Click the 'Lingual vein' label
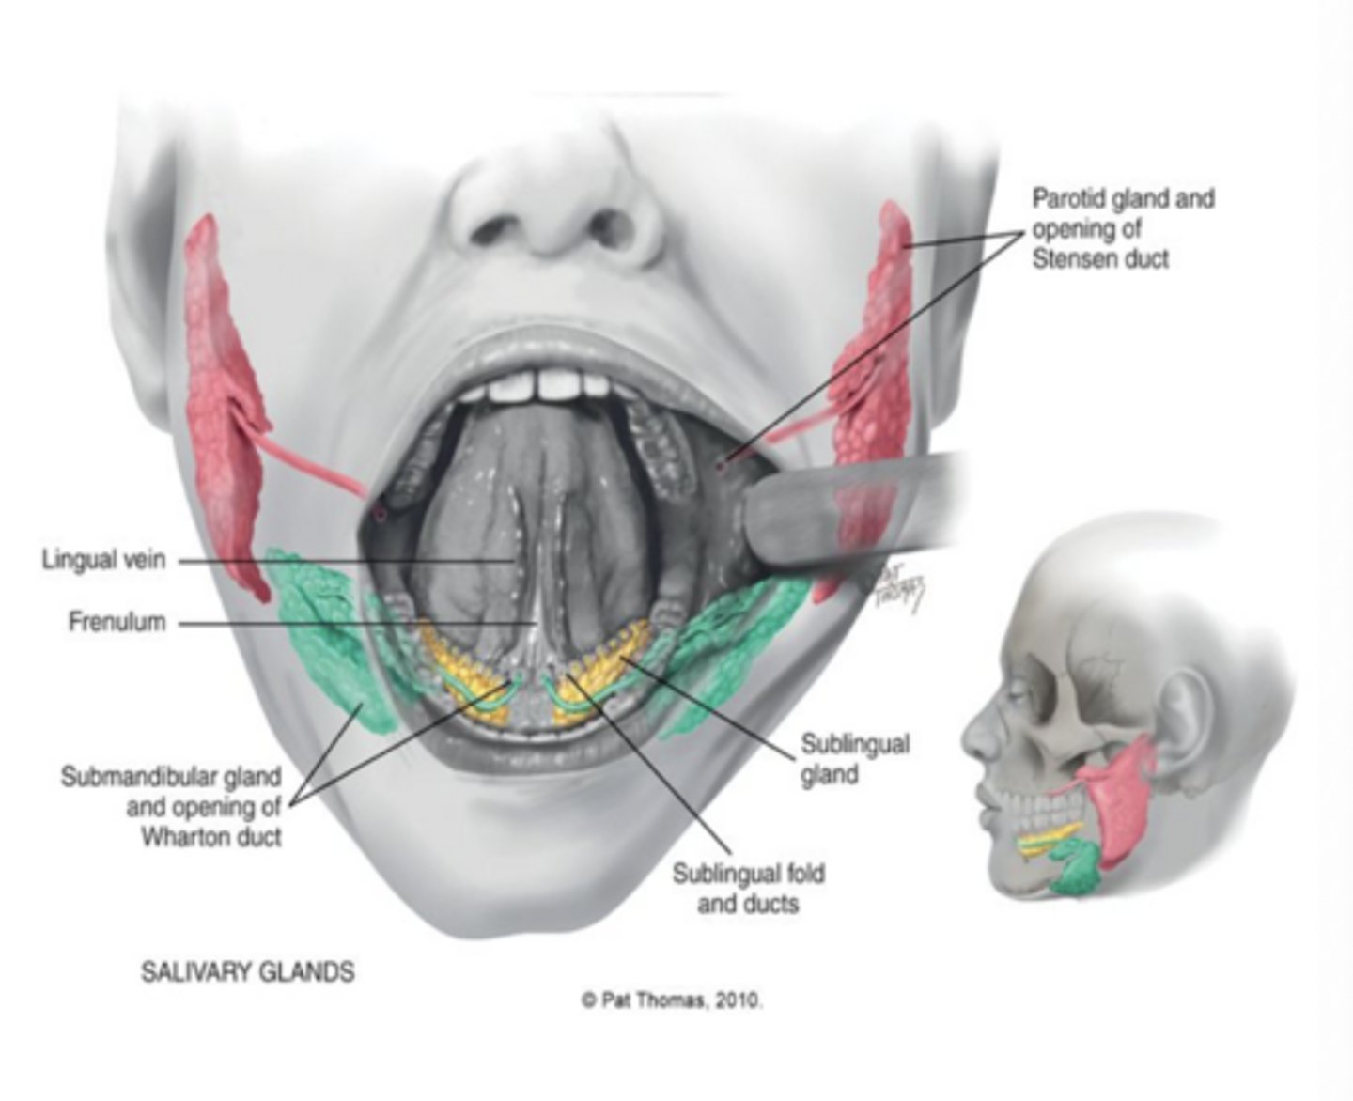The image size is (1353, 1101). [x=103, y=559]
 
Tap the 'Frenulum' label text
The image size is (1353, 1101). [x=117, y=622]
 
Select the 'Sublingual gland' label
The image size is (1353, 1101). [x=855, y=759]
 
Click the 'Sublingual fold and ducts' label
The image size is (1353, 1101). [x=748, y=889]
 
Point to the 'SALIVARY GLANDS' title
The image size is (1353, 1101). [x=248, y=972]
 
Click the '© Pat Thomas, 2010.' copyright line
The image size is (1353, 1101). [x=672, y=1019]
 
